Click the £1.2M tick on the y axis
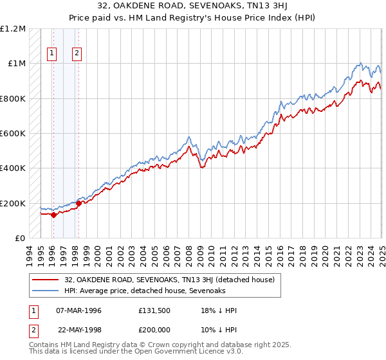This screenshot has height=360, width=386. point(13,29)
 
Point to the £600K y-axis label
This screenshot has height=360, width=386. point(13,134)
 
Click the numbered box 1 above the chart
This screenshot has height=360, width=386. point(51,54)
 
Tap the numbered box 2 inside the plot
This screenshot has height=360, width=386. point(77,54)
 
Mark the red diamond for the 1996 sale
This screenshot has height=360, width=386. point(53,215)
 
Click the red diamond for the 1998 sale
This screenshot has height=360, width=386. point(78,203)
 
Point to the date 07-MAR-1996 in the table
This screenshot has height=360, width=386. point(79,311)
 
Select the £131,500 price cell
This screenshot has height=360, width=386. point(155,311)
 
